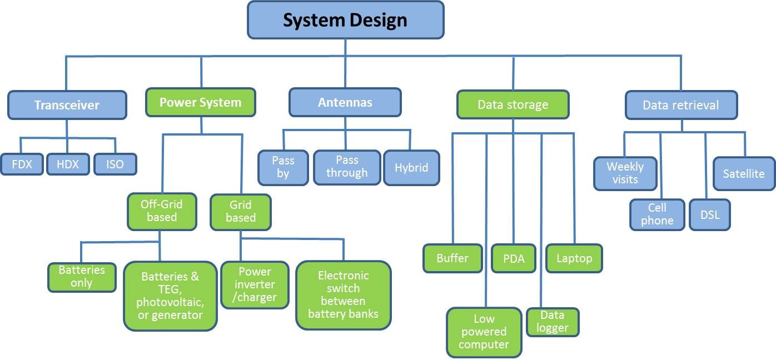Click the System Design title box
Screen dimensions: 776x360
pyautogui.click(x=345, y=20)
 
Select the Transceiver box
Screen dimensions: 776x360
pyautogui.click(x=67, y=105)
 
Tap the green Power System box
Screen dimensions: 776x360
pyautogui.click(x=201, y=102)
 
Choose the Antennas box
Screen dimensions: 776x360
pyautogui.click(x=345, y=102)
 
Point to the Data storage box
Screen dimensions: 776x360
pyautogui.click(x=513, y=104)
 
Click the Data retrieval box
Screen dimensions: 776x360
pyautogui.click(x=681, y=105)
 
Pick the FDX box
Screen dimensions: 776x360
pyautogui.click(x=22, y=164)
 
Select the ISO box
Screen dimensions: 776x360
pyautogui.click(x=115, y=164)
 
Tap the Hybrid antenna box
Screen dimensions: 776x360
pyautogui.click(x=411, y=168)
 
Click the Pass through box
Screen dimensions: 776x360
pyautogui.click(x=347, y=168)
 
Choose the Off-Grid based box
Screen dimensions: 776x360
pyautogui.click(x=162, y=212)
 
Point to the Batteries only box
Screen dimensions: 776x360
pyautogui.click(x=82, y=277)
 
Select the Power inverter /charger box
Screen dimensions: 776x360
pyautogui.click(x=255, y=285)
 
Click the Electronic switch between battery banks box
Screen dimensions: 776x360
pyautogui.click(x=344, y=295)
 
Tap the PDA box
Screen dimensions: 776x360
pyautogui.click(x=514, y=258)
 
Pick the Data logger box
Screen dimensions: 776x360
pyautogui.click(x=553, y=322)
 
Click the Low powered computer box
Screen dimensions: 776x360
pyautogui.click(x=484, y=332)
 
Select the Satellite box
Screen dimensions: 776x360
pyautogui.click(x=744, y=174)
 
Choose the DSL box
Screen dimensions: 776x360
pyautogui.click(x=710, y=214)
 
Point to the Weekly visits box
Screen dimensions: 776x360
pyautogui.click(x=625, y=173)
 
